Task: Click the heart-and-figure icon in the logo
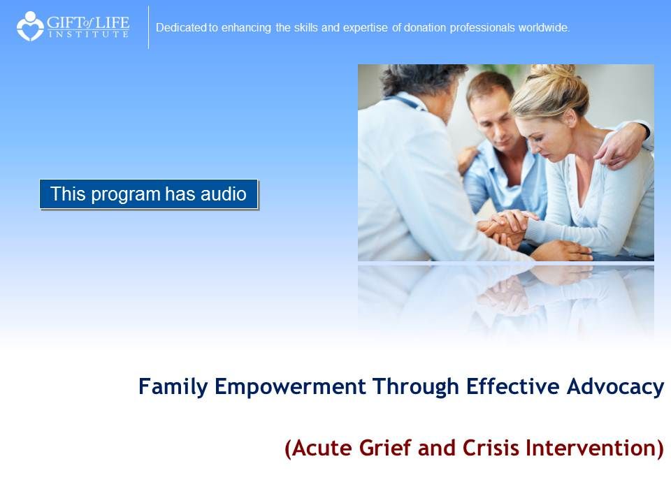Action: pos(30,26)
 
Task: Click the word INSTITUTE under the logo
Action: pos(88,34)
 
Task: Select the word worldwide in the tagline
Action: pos(544,28)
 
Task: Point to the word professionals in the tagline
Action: pos(482,28)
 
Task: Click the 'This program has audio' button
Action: pos(148,194)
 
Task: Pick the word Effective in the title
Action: pos(512,386)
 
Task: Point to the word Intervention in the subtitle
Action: pos(590,448)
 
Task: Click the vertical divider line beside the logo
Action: pos(148,27)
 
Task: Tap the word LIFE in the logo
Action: pos(112,22)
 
